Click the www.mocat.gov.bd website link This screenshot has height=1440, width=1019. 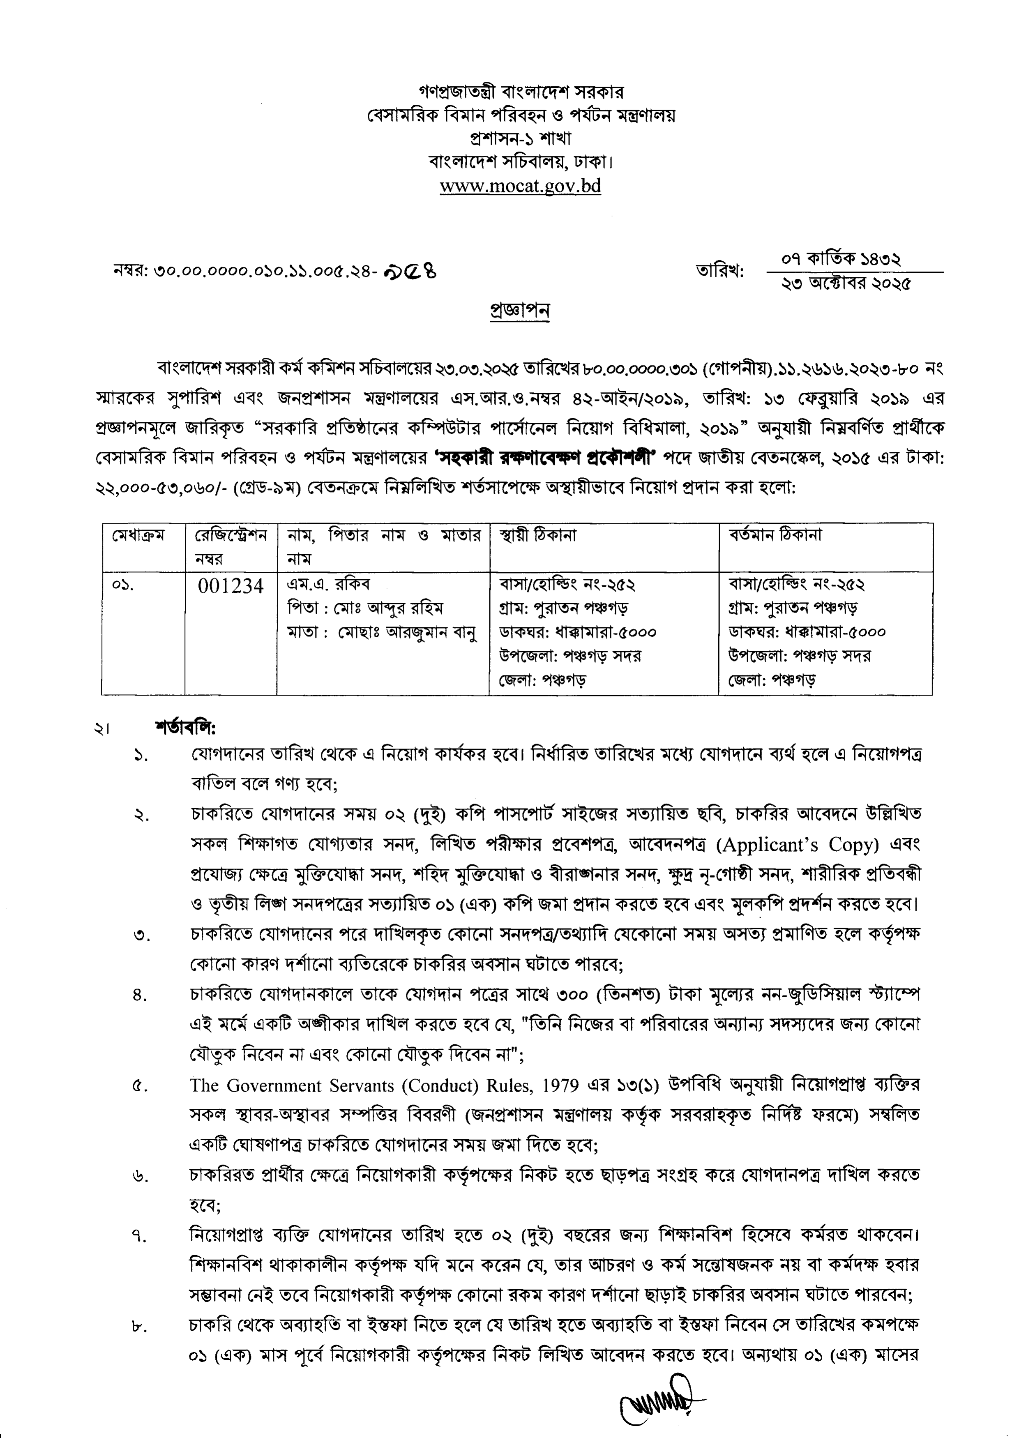tap(520, 187)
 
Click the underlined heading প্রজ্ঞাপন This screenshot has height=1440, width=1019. tap(519, 311)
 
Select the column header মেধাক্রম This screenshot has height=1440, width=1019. tap(138, 536)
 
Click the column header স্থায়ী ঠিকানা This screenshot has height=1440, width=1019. tap(538, 536)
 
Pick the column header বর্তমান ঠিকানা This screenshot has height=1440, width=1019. tap(775, 536)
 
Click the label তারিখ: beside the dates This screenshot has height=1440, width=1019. tap(719, 272)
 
